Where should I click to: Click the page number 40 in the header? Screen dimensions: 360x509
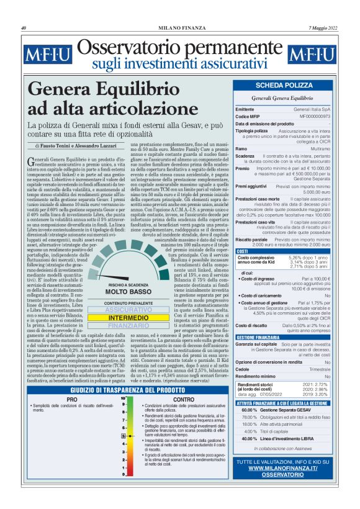[x=23, y=28]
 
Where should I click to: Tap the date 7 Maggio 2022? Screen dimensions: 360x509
[x=323, y=28]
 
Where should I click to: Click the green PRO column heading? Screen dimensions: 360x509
[x=71, y=399]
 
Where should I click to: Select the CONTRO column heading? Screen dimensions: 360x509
[x=184, y=399]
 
